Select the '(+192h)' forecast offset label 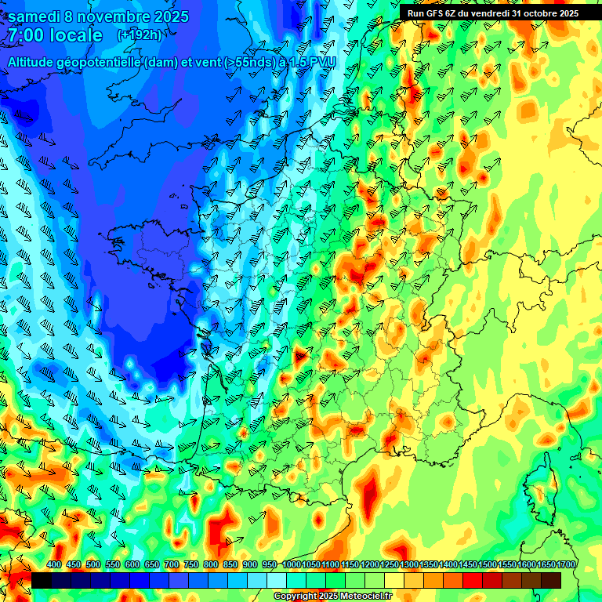point(139,35)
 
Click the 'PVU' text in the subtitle point(324,60)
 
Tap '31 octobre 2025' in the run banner point(544,13)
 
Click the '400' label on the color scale point(54,565)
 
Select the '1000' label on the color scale point(291,565)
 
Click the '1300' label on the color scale point(408,565)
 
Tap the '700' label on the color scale point(172,565)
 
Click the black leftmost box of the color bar point(41,580)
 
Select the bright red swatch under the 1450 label point(473,580)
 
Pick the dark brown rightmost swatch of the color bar point(551,580)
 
